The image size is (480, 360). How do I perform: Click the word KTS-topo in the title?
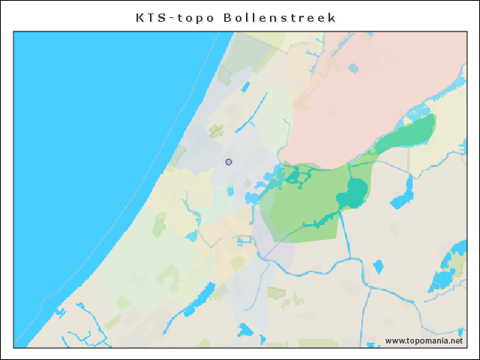174,17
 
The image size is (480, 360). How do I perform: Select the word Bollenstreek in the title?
280,17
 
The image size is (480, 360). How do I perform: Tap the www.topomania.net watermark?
424,340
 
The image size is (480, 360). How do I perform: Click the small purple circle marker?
229,162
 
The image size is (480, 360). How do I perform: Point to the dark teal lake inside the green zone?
352,193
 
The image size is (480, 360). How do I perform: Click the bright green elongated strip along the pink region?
409,133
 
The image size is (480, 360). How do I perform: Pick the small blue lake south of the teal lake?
377,266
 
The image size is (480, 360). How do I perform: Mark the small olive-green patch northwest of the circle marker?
216,131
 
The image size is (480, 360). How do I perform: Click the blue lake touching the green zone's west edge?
252,198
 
